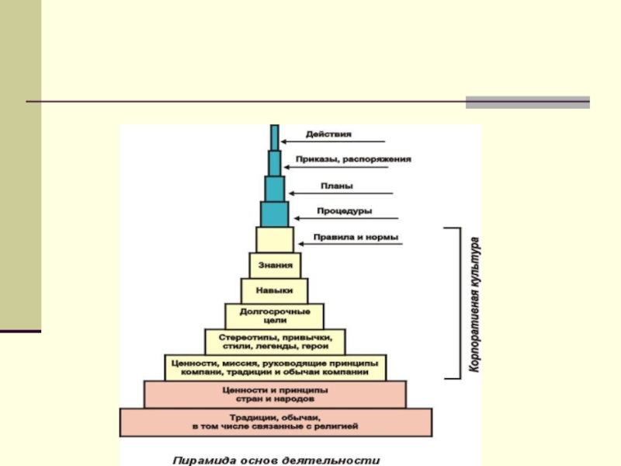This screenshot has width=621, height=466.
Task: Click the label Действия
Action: coord(328,134)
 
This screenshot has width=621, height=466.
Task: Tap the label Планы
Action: coord(337,186)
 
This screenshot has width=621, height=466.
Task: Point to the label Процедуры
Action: coord(344,210)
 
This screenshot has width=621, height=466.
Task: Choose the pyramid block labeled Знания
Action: coord(276,265)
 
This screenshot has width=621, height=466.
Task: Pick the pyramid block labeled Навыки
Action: coord(276,290)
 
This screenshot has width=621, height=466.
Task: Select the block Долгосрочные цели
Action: coord(275,315)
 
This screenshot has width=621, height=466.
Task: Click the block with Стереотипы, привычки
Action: coord(275,341)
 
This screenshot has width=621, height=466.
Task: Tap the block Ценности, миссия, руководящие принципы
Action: coord(275,367)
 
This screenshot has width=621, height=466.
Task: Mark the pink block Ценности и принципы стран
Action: coord(275,394)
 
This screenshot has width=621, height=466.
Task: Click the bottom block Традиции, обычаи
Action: coord(275,422)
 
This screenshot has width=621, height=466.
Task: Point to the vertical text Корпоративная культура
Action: coord(474,304)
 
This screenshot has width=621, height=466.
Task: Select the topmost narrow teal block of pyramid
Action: coord(274,136)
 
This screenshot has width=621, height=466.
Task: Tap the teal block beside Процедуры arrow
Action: coord(274,214)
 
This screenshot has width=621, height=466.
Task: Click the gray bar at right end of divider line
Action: coord(527,102)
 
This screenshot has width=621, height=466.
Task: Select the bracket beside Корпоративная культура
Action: coord(456,304)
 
